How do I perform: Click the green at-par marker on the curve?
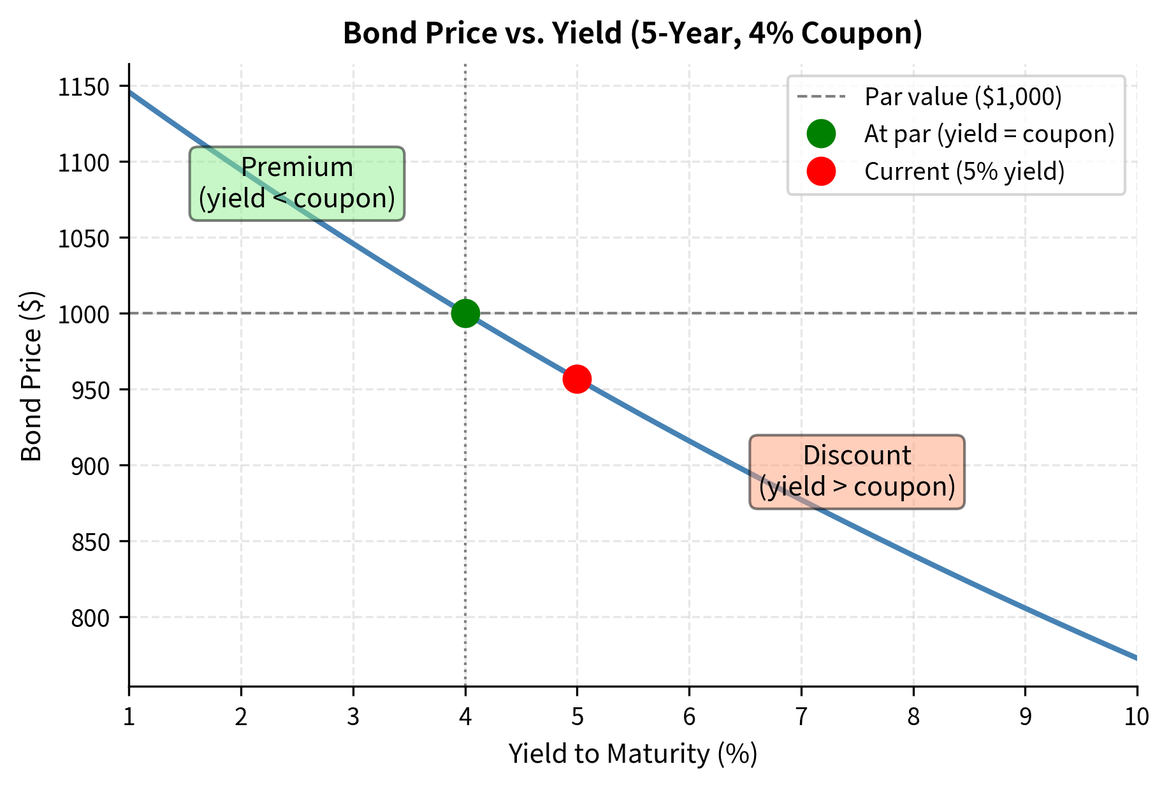465,313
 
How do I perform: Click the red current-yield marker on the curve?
577,379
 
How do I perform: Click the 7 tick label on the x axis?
801,717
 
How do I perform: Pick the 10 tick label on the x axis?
1136,717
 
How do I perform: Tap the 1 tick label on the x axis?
129,717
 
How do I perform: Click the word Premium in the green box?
296,168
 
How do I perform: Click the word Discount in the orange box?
857,456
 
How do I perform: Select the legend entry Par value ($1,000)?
962,97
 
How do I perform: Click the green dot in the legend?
821,134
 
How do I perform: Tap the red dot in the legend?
821,172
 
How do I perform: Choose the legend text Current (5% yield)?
964,172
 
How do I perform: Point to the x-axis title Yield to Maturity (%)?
632,754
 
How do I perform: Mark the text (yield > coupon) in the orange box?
857,487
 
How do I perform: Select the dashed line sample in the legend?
821,97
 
